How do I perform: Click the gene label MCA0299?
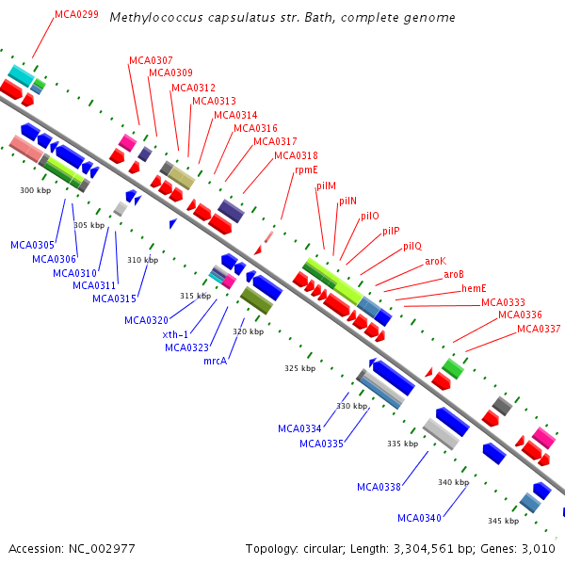point(76,15)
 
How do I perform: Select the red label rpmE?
point(306,170)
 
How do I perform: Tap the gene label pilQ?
point(412,247)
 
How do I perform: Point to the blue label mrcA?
point(216,361)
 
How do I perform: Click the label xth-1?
point(175,334)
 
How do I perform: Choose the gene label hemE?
point(474,288)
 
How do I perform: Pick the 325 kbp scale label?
point(299,368)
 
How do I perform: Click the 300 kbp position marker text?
point(35,190)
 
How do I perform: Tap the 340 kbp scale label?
point(453,482)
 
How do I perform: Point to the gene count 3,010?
point(535,548)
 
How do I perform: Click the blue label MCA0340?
point(419,518)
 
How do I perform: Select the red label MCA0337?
point(539,329)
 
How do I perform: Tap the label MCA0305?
point(33,245)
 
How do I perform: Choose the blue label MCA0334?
point(299,428)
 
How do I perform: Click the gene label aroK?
point(435,261)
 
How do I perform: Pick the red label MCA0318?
point(296,155)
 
